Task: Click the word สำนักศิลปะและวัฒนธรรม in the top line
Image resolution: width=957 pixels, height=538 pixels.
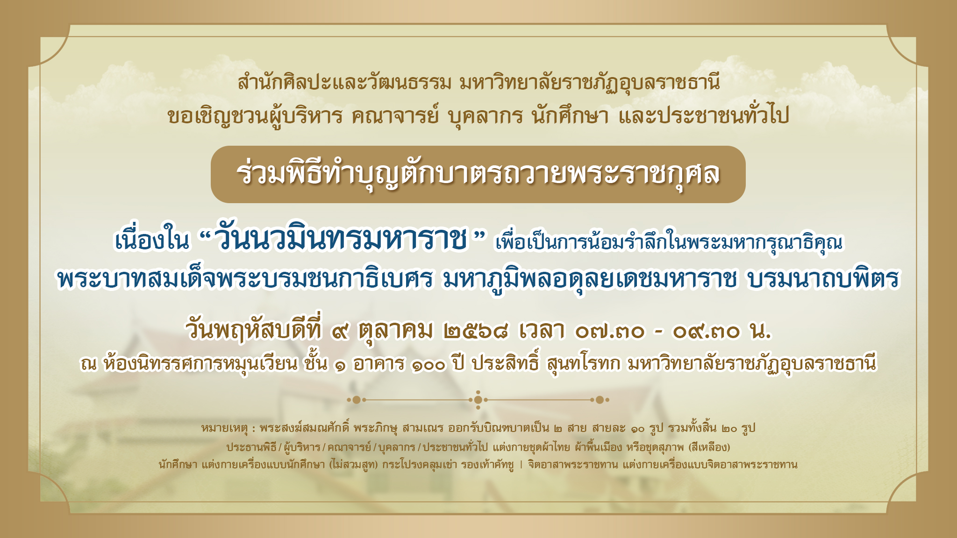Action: click(344, 83)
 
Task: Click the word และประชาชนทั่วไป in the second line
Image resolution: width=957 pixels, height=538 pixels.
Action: click(704, 115)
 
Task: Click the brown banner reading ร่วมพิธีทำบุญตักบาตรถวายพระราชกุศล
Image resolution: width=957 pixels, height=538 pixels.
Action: click(478, 174)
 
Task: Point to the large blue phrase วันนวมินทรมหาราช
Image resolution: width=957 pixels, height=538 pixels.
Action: click(343, 239)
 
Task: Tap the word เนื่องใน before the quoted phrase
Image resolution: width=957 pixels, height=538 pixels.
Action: click(152, 240)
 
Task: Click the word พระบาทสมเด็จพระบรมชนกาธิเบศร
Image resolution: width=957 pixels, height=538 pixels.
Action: click(244, 279)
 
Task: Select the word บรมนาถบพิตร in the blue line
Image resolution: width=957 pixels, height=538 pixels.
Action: click(823, 279)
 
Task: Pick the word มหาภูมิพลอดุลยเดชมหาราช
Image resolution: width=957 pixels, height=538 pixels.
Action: click(589, 279)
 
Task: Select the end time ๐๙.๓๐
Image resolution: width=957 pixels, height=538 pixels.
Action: click(707, 332)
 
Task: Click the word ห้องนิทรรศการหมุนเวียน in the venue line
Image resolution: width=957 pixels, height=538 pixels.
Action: click(201, 363)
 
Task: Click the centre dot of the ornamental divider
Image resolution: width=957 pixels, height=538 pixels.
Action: click(478, 400)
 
